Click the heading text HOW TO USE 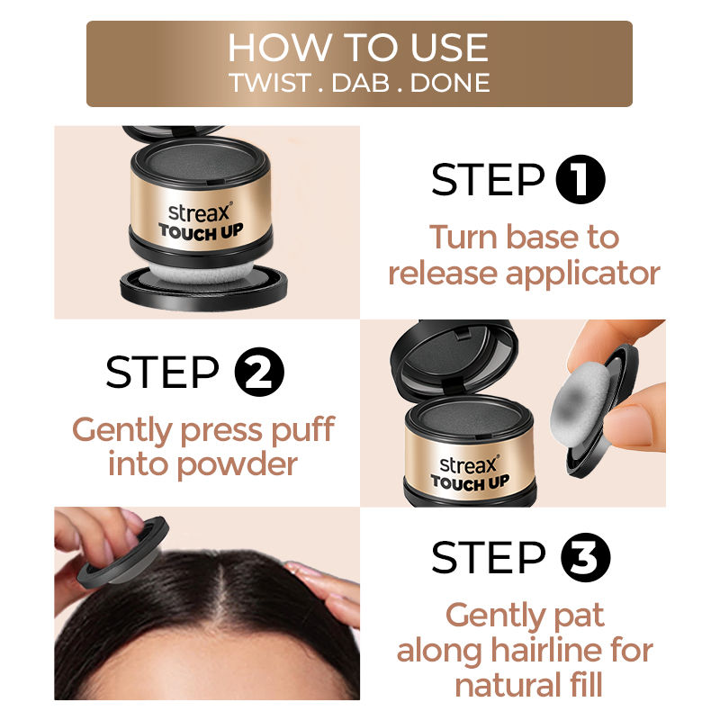click(358, 48)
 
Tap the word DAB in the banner click(361, 83)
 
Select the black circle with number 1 click(580, 179)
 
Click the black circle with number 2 click(259, 372)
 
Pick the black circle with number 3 click(586, 557)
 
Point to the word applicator click(582, 275)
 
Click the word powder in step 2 click(237, 466)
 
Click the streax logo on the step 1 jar click(200, 212)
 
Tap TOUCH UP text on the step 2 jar click(470, 482)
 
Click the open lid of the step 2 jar click(454, 357)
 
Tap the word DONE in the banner click(450, 83)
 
